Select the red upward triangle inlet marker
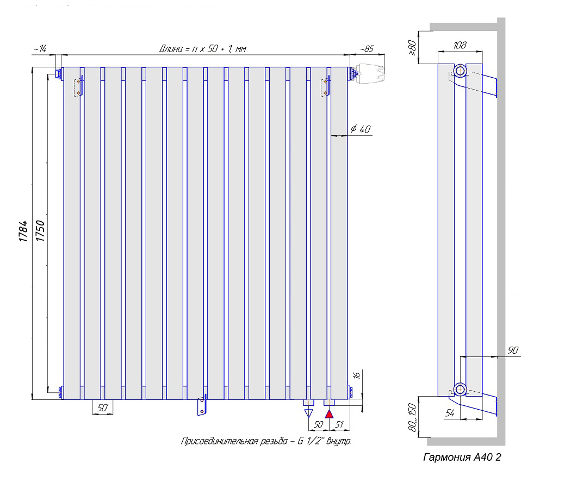click(x=328, y=414)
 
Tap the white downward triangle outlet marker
click(x=309, y=414)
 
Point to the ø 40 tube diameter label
click(x=361, y=129)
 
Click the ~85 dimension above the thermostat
click(x=367, y=49)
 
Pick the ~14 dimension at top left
click(x=40, y=49)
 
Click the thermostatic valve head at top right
click(x=370, y=73)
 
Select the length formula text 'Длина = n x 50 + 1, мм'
click(x=202, y=49)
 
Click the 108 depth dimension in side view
click(x=460, y=45)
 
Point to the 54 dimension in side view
click(x=450, y=413)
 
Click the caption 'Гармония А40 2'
click(x=462, y=457)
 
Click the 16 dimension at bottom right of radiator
click(x=357, y=375)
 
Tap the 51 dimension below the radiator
click(x=339, y=423)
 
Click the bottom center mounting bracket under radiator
click(x=202, y=405)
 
